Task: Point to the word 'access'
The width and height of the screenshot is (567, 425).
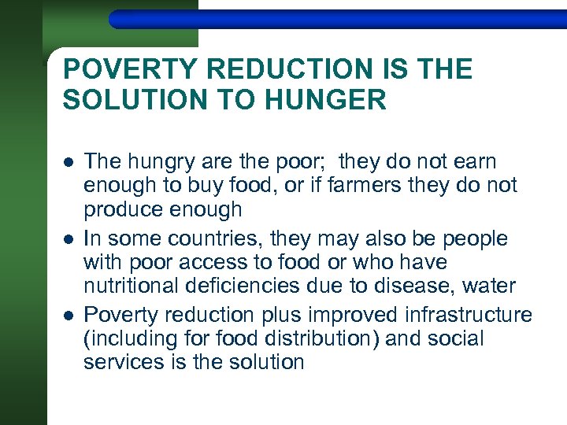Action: click(213, 262)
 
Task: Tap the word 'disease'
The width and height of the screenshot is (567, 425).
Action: click(424, 285)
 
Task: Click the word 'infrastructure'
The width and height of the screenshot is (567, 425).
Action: click(469, 315)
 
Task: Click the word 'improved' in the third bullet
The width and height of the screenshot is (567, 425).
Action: click(355, 316)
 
